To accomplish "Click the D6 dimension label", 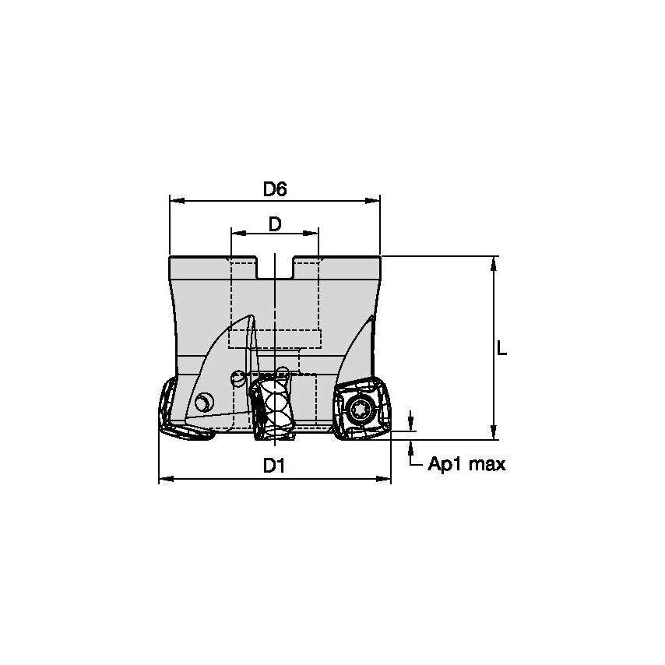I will coord(275,189).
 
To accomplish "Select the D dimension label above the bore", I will coord(275,224).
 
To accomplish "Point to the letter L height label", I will coord(502,350).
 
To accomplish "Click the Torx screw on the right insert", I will coord(361,407).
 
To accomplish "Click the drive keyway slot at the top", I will coord(275,269).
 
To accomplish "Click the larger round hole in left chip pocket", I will coord(204,403).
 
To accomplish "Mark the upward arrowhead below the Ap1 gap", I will coord(411,446).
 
